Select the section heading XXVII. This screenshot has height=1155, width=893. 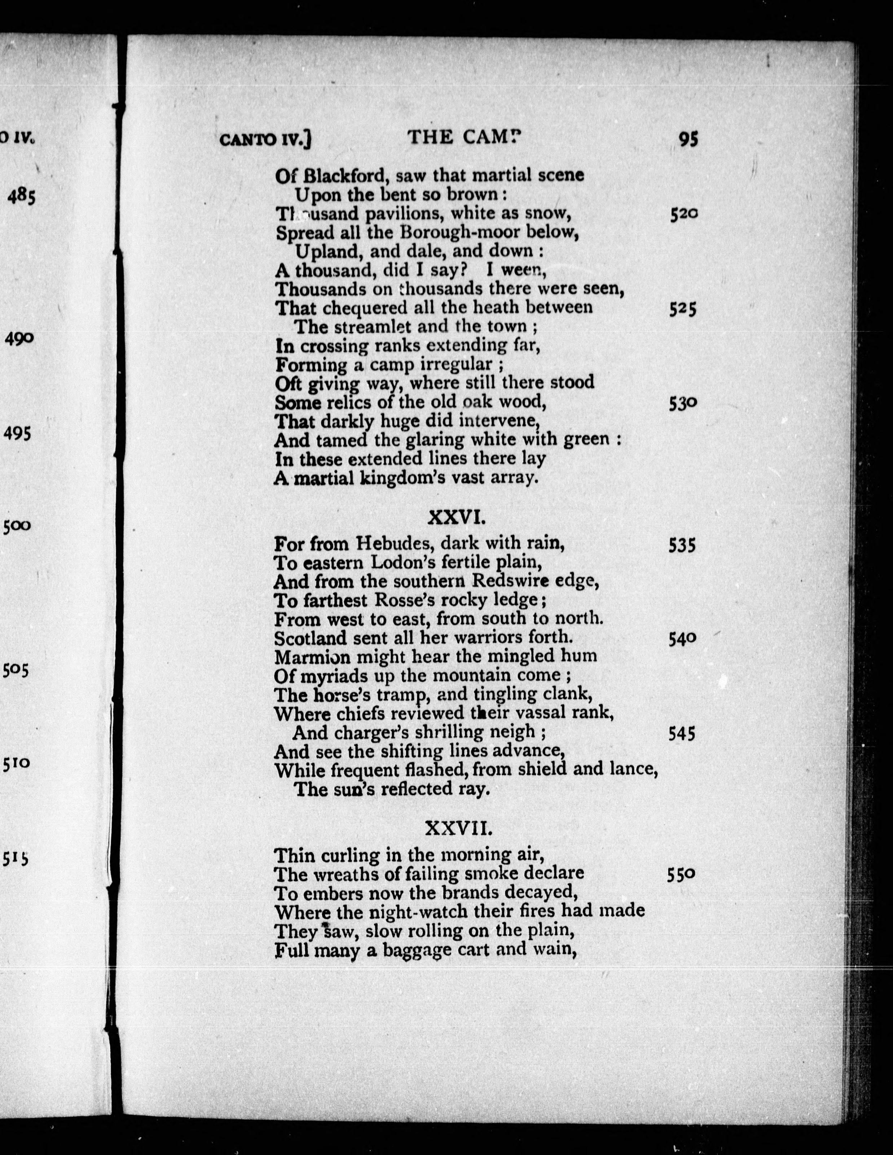pyautogui.click(x=459, y=829)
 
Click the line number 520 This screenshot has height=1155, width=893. pyautogui.click(x=684, y=214)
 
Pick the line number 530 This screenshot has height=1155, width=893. pyautogui.click(x=683, y=404)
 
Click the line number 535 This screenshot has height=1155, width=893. pyautogui.click(x=682, y=545)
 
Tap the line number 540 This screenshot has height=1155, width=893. pyautogui.click(x=682, y=639)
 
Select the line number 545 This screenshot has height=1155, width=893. pyautogui.click(x=682, y=734)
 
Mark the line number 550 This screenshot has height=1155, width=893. pyautogui.click(x=681, y=875)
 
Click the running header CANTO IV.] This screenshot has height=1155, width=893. pyautogui.click(x=265, y=140)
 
